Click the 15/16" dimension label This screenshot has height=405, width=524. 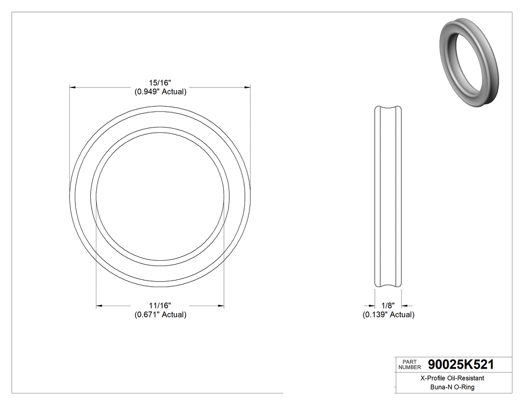pos(160,83)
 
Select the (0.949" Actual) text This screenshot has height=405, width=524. pos(160,92)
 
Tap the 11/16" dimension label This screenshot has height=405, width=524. pos(160,306)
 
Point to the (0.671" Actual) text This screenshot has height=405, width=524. pos(160,315)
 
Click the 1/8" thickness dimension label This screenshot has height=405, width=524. pos(388,306)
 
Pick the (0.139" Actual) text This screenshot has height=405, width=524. pos(388,315)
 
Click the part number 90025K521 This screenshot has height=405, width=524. pos(461,365)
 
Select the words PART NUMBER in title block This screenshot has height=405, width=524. pos(409,365)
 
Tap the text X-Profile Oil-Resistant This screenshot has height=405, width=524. pos(453,379)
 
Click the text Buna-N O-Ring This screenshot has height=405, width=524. pos(453,387)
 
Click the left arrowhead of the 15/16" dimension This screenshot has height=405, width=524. pos(72,87)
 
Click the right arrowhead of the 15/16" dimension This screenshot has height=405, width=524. pos(247,87)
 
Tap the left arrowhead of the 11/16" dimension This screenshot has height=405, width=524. pos(99,306)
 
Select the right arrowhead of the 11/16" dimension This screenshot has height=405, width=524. pos(221,306)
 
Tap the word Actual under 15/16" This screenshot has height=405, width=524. pos(173,92)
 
